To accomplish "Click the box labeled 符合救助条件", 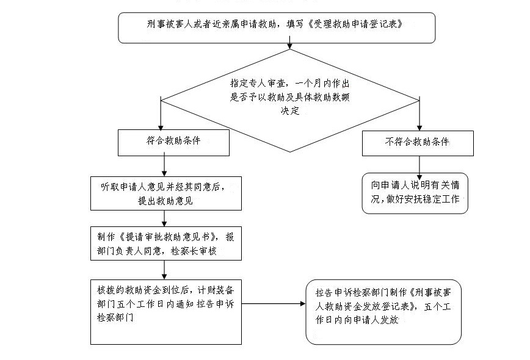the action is pos(173,143).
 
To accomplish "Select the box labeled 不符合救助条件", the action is pos(418,143).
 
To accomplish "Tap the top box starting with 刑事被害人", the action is pos(277,27).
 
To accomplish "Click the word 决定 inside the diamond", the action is pos(290,110).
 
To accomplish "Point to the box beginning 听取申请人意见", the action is pos(166,193).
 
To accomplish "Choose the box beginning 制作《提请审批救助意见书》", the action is pos(166,243).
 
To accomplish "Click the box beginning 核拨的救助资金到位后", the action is pos(166,312).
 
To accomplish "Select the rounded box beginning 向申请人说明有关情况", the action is pos(415,193).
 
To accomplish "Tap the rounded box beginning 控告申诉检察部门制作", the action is pos(383,312).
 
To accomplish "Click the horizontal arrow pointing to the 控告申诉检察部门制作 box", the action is pos(274,304).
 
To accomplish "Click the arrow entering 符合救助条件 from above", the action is pos(161,115).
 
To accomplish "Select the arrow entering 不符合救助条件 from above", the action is pos(419,114).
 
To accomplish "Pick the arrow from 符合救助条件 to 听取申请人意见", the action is pos(164,165).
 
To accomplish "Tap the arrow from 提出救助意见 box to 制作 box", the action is pos(164,218).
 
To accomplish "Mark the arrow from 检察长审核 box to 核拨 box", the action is pos(164,270).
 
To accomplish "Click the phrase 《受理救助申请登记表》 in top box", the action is pos(355,24).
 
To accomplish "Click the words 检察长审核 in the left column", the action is pos(194,251).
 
